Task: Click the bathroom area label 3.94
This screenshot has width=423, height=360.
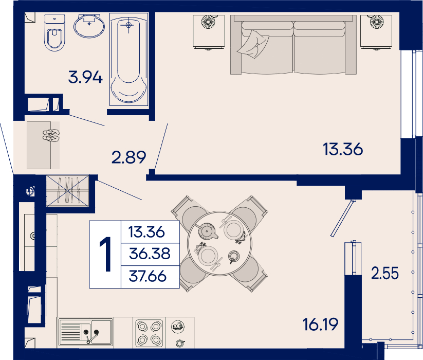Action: [85, 77]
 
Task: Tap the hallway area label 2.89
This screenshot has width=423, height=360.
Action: [128, 157]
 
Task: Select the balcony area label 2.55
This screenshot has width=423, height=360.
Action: [384, 273]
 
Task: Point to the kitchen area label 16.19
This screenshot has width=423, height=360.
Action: [320, 325]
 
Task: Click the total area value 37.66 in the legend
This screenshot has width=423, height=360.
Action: [148, 276]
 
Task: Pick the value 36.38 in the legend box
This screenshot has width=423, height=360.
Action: [150, 254]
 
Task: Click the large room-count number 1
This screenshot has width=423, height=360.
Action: [105, 254]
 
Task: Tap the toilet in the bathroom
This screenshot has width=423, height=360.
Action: [55, 32]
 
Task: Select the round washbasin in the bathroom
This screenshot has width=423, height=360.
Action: [89, 26]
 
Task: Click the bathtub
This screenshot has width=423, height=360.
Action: [128, 59]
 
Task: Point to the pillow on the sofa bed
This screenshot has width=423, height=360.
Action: [253, 44]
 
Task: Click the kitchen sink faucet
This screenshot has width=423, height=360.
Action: [91, 336]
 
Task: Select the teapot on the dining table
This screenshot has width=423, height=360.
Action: [207, 231]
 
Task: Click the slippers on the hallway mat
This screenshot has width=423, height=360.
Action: [51, 135]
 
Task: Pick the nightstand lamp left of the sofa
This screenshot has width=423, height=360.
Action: [208, 21]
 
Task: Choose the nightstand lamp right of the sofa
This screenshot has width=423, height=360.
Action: [377, 21]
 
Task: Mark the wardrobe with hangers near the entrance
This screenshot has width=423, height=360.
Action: [67, 191]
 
